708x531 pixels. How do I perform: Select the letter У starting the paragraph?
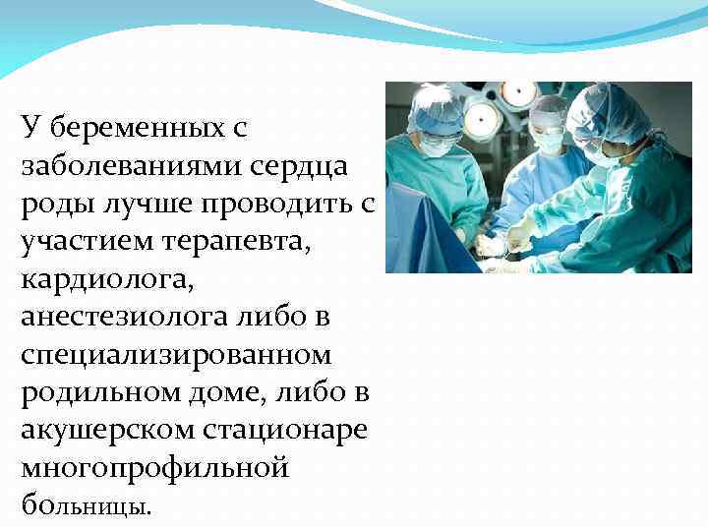tap(30, 129)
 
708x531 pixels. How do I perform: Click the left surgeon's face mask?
tap(436, 146)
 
